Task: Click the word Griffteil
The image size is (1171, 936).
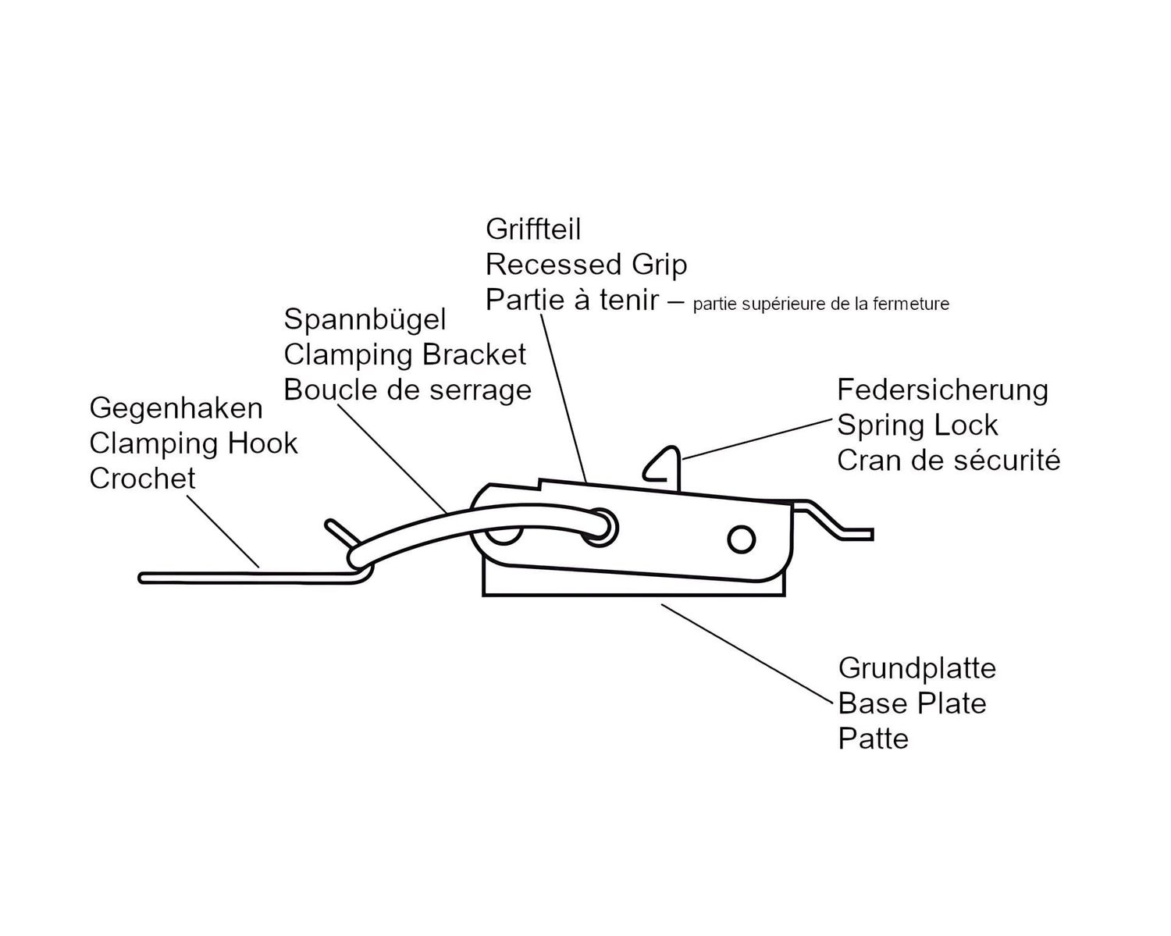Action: pyautogui.click(x=533, y=229)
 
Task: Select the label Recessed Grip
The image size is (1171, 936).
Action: pyautogui.click(x=586, y=265)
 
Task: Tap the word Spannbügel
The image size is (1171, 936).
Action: pyautogui.click(x=365, y=319)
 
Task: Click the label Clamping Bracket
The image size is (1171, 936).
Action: pyautogui.click(x=405, y=355)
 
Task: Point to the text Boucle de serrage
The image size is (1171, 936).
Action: pyautogui.click(x=408, y=390)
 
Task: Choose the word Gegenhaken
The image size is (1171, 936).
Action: pyautogui.click(x=176, y=409)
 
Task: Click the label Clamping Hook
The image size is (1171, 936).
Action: pyautogui.click(x=193, y=444)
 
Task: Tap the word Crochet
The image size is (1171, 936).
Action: pyautogui.click(x=142, y=479)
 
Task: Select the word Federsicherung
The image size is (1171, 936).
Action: pyautogui.click(x=942, y=391)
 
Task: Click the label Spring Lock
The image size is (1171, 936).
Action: pyautogui.click(x=917, y=425)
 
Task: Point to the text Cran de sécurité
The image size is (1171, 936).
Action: pyautogui.click(x=949, y=461)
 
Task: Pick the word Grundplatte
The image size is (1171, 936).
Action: pyautogui.click(x=917, y=669)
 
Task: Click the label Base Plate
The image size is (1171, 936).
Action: pyautogui.click(x=912, y=703)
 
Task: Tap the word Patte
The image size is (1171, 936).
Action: pyautogui.click(x=874, y=739)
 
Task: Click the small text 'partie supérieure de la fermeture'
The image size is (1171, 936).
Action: pyautogui.click(x=820, y=304)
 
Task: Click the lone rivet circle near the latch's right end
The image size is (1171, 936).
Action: pyautogui.click(x=741, y=540)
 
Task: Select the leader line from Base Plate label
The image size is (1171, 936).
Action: pyautogui.click(x=746, y=653)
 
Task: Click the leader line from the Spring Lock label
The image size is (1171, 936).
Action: pyautogui.click(x=757, y=440)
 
